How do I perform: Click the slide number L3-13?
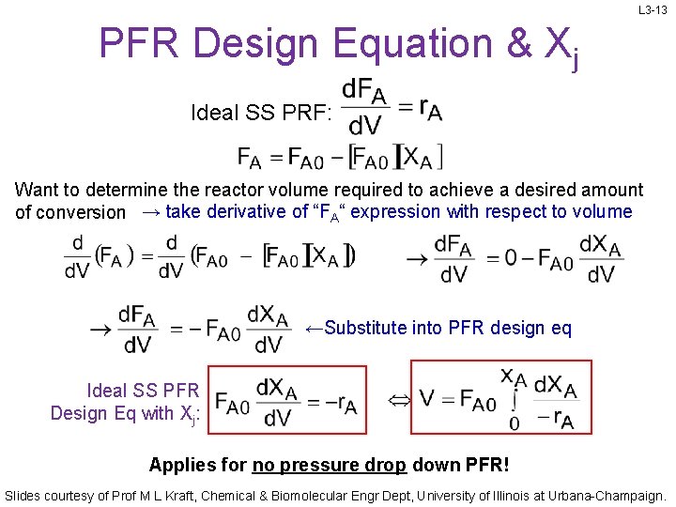click(653, 10)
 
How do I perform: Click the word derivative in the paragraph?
click(244, 211)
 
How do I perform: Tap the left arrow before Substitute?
click(315, 327)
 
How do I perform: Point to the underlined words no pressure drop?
click(329, 465)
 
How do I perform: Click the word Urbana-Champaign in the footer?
click(601, 494)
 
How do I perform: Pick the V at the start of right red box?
click(427, 401)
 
